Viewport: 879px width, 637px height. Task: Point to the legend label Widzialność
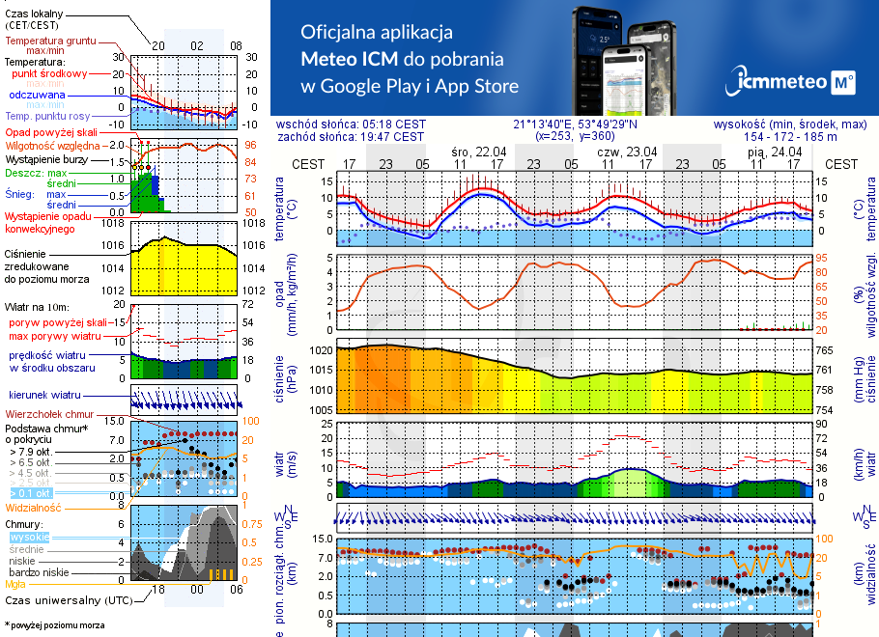[33, 507]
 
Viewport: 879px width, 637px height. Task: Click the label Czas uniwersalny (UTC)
[68, 600]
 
